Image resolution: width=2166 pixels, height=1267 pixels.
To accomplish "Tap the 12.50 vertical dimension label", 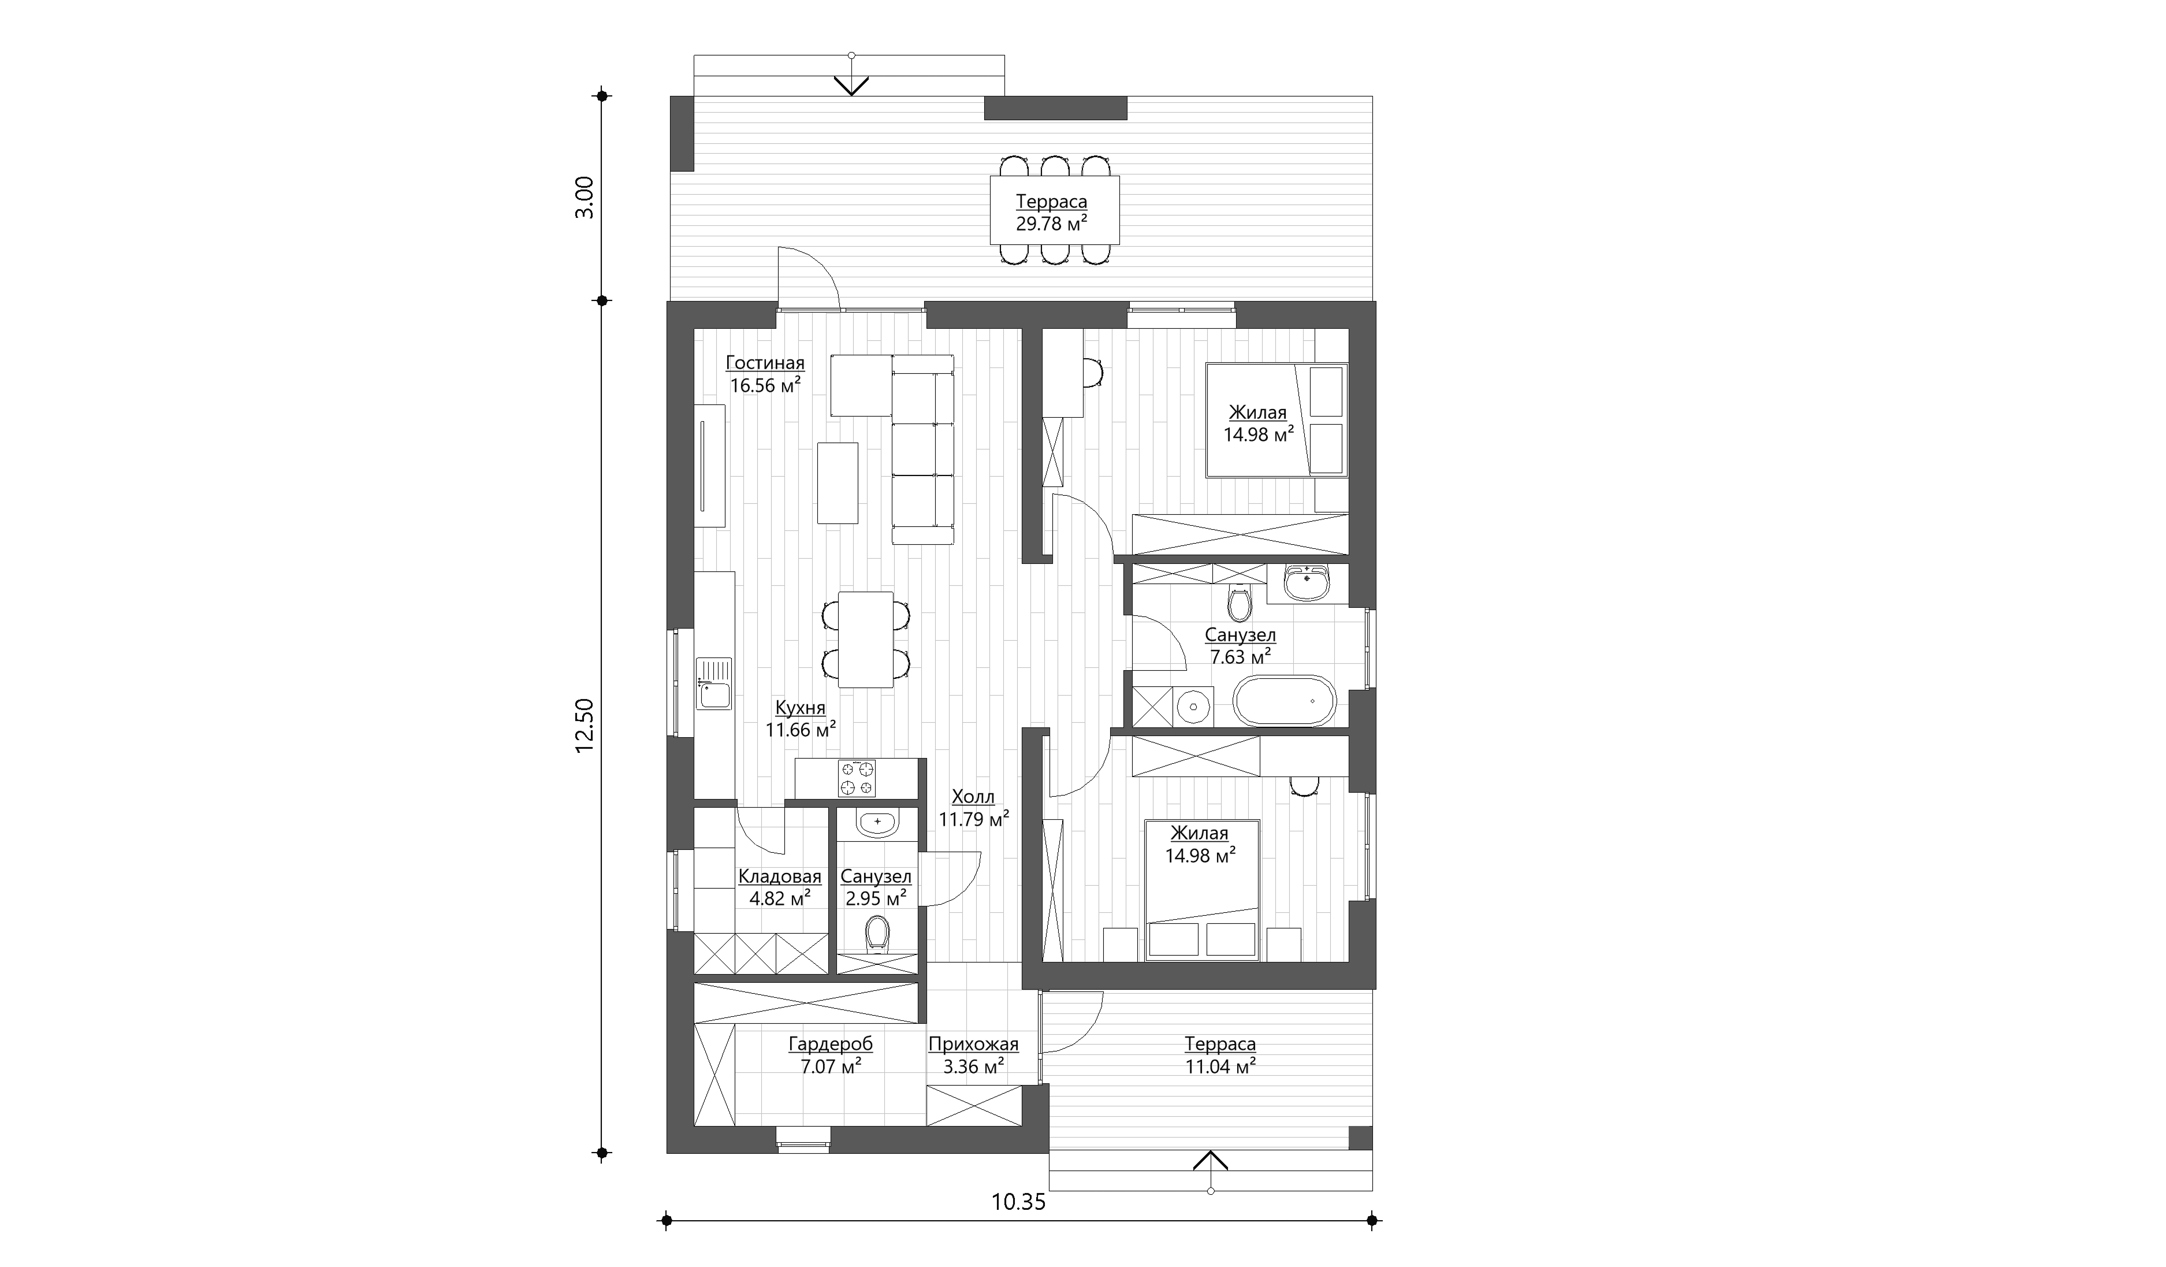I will click(x=585, y=726).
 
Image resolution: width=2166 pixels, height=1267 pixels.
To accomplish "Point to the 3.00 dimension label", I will click(x=585, y=198).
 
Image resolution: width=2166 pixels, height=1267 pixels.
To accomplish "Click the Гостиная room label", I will click(x=765, y=363).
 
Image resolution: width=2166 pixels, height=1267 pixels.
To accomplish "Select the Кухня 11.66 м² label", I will click(x=800, y=719).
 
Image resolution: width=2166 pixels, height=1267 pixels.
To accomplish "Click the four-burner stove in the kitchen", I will click(x=857, y=778).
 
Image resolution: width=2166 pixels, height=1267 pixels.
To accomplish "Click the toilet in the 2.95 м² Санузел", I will click(x=877, y=934).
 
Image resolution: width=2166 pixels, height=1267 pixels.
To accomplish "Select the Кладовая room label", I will click(x=780, y=877).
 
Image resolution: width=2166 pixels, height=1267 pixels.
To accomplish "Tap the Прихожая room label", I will click(x=973, y=1045).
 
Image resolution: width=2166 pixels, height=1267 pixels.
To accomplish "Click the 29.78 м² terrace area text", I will click(x=1052, y=224).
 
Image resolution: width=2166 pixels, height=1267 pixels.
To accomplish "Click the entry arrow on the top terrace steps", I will click(x=851, y=85).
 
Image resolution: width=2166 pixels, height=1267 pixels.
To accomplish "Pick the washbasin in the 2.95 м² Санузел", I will click(x=877, y=823).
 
